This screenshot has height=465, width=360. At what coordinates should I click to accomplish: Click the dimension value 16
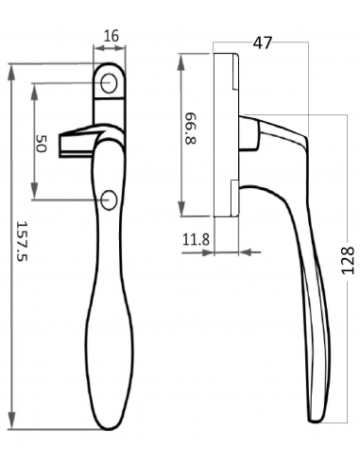pyautogui.click(x=111, y=36)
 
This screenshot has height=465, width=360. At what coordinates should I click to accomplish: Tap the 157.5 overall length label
pyautogui.click(x=22, y=241)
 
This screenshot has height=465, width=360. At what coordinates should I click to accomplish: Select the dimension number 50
pyautogui.click(x=42, y=144)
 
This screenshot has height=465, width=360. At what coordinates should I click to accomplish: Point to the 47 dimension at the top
pyautogui.click(x=263, y=43)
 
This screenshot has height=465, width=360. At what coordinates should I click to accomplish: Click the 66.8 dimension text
pyautogui.click(x=191, y=128)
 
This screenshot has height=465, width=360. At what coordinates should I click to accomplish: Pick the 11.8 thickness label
pyautogui.click(x=196, y=240)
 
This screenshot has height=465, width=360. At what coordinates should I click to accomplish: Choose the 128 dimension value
pyautogui.click(x=348, y=261)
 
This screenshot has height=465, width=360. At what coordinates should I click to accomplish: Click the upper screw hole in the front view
pyautogui.click(x=109, y=83)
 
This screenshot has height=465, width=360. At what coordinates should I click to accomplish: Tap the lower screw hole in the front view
pyautogui.click(x=109, y=200)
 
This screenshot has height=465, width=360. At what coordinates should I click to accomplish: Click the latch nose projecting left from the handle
pyautogui.click(x=78, y=143)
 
